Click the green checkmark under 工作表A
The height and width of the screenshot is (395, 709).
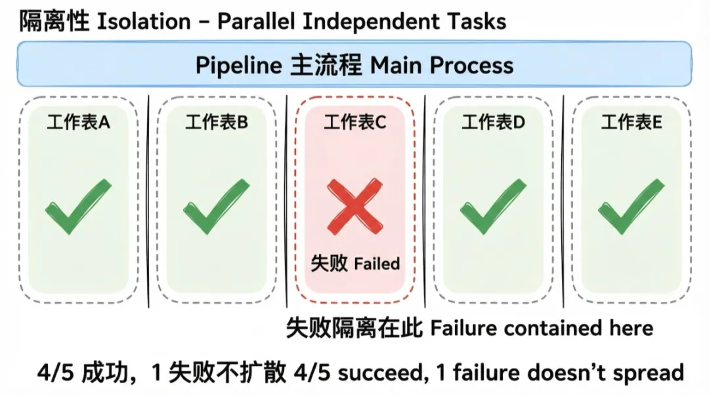78,207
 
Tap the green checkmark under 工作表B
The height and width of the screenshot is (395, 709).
217,207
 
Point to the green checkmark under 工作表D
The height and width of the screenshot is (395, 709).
494,207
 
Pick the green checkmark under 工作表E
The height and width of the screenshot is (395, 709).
632,207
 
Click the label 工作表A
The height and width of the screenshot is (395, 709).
78,123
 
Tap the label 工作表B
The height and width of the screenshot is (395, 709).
217,123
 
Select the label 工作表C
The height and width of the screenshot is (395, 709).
355,123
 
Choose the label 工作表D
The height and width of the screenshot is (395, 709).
494,123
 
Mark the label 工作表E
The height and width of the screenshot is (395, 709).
632,123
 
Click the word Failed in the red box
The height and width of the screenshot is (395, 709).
377,264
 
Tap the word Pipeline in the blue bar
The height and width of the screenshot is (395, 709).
238,65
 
